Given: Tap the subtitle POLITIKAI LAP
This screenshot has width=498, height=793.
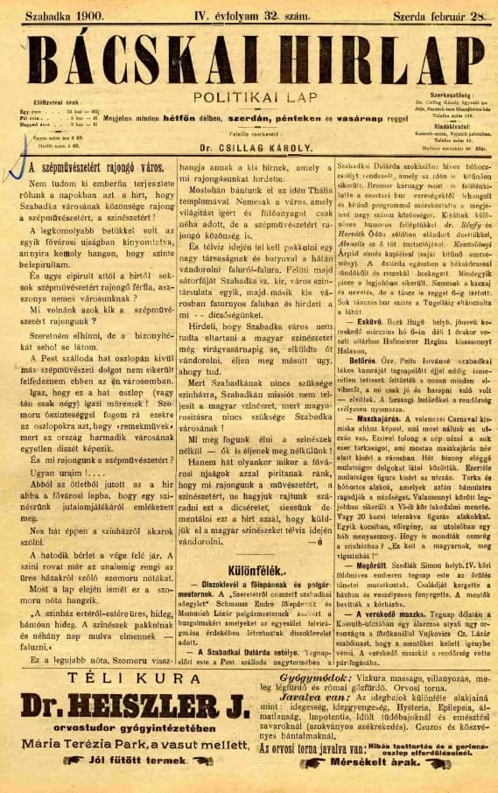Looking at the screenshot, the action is point(248,97).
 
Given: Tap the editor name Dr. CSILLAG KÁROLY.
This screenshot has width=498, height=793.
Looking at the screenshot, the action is point(248,147).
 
